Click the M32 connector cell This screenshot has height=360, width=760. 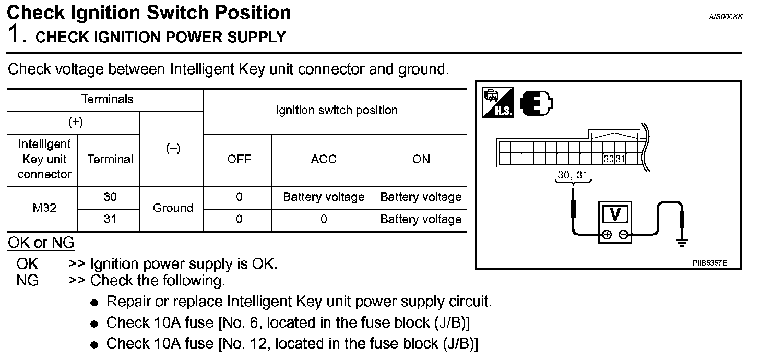coord(44,208)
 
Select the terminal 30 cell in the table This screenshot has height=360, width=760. coord(110,197)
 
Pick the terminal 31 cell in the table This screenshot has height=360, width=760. coord(110,219)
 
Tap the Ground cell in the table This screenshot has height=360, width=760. coord(173,208)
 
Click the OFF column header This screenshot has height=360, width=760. coord(239,159)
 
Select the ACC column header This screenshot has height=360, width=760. coord(323,159)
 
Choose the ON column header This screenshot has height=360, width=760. coord(421,159)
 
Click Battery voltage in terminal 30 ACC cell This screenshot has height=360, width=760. coord(323,197)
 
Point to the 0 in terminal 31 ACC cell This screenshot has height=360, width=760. coord(323,219)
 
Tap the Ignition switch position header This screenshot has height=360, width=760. coord(336,111)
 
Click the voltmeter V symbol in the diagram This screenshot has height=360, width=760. coord(615,214)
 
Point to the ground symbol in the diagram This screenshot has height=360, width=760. coord(682,242)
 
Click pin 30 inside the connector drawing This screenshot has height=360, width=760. coord(609,159)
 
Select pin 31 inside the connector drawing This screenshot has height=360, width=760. coord(620,159)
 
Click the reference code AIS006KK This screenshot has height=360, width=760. coord(725,17)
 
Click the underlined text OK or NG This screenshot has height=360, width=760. coord(41,243)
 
